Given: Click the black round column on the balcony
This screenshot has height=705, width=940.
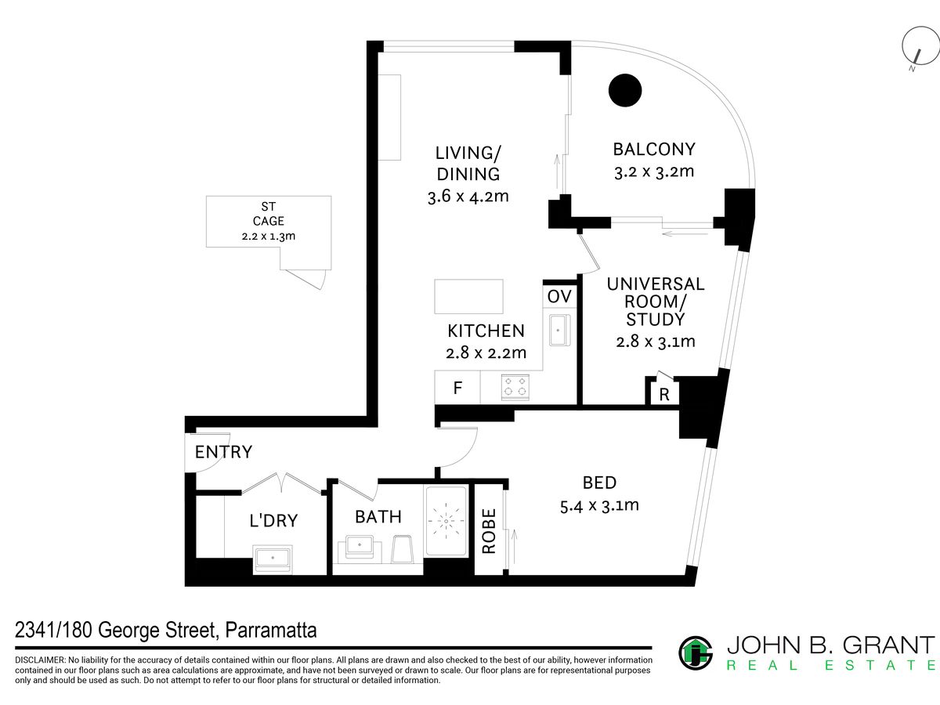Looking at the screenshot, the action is tap(625, 90).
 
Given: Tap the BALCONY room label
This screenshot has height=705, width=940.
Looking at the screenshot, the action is tap(654, 150).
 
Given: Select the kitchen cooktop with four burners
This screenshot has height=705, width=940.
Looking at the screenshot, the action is tap(515, 387).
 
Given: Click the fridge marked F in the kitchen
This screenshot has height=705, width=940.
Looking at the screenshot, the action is tap(457, 388).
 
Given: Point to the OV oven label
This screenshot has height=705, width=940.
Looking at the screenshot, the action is tap(559, 296).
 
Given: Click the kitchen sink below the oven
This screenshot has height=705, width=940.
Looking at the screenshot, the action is tap(559, 330).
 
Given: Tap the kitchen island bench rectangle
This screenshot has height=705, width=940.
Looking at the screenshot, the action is tap(468, 297).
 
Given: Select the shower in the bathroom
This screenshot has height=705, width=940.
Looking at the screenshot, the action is tap(446, 521).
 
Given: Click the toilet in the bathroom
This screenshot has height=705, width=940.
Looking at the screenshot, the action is tap(402, 549).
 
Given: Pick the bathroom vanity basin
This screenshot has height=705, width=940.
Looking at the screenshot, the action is tap(360, 548).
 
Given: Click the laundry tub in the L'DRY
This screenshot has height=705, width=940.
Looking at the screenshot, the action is tap(273, 559).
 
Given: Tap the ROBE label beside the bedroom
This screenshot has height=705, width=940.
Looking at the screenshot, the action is tap(489, 531).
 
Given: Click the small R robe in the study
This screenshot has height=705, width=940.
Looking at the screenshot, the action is tap(664, 393).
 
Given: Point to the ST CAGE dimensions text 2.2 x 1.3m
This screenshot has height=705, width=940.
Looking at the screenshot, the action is tap(269, 236).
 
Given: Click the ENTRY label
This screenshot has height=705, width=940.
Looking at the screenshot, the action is tap(223, 452).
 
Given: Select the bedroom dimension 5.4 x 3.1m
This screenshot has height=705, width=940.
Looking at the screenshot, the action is tap(599, 506).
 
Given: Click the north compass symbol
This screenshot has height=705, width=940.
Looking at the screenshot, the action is tap(920, 46).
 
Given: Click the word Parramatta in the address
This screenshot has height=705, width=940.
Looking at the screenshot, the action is tap(271, 630).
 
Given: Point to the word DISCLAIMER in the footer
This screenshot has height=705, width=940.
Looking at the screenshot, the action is tap(40, 660).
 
